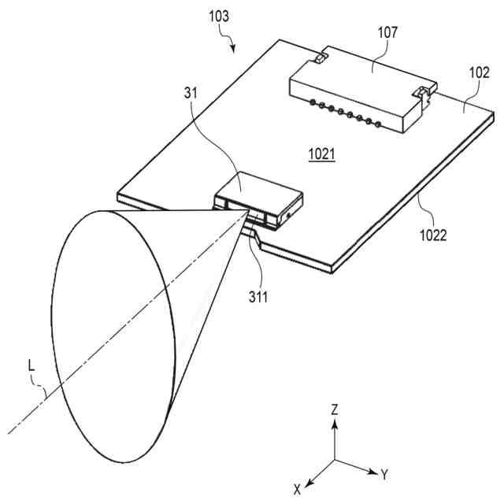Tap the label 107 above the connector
[387, 33]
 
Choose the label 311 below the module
[258, 297]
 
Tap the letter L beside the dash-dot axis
[31, 365]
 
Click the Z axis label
[335, 409]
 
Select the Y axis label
[385, 475]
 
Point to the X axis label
[298, 490]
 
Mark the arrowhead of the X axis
[309, 480]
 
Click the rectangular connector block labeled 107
[354, 91]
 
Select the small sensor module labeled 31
[260, 197]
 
